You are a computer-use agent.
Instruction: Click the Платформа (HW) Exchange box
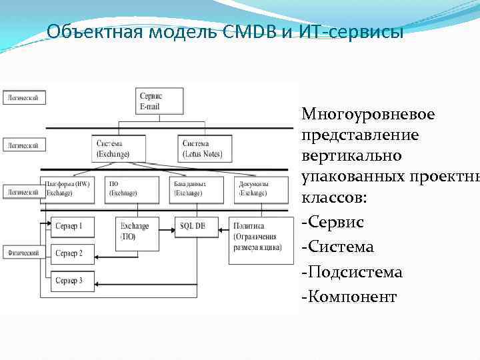click(67, 188)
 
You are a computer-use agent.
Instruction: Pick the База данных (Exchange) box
click(193, 188)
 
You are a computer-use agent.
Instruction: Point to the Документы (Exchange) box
click(255, 188)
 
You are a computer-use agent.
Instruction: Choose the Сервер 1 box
click(73, 227)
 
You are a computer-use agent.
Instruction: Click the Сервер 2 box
click(73, 253)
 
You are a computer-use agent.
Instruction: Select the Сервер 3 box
click(73, 281)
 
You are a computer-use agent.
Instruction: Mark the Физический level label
click(23, 253)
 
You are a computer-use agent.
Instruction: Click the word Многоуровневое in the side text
click(368, 115)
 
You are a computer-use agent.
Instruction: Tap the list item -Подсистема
click(352, 272)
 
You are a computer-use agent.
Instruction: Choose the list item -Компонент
click(349, 297)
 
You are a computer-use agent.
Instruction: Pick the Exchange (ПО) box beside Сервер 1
click(135, 231)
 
